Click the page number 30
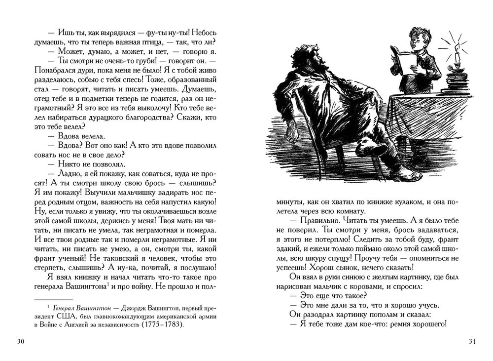coord(20,342)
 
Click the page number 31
coord(472,342)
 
